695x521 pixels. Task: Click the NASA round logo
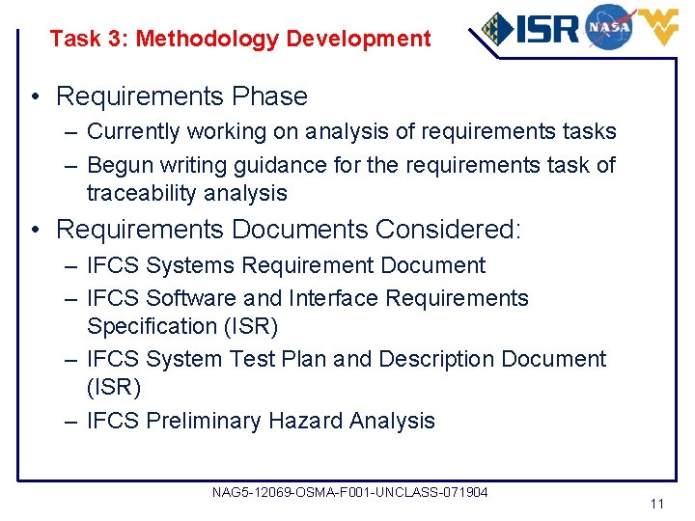click(609, 26)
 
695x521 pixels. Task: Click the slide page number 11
click(657, 505)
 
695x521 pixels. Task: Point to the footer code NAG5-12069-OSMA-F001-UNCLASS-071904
click(349, 493)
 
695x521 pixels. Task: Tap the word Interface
click(333, 298)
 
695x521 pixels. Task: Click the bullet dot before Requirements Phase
click(34, 96)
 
